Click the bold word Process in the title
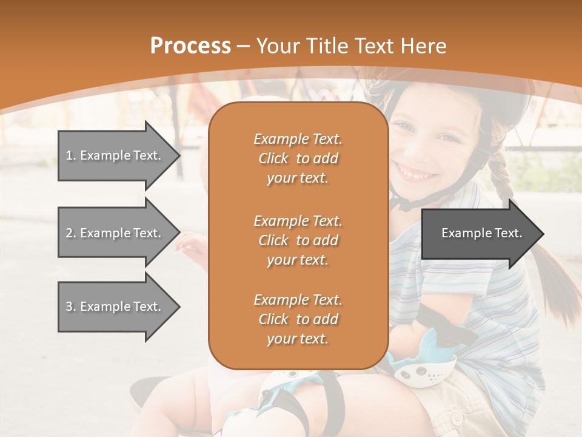pos(190,46)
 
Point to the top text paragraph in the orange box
pos(298,158)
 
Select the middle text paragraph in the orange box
pos(298,240)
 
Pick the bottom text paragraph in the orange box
pos(298,319)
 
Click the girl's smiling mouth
pos(417,172)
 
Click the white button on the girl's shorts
pos(456,418)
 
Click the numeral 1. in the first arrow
pos(70,155)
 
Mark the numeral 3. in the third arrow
pos(70,307)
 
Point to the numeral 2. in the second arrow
pos(70,233)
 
